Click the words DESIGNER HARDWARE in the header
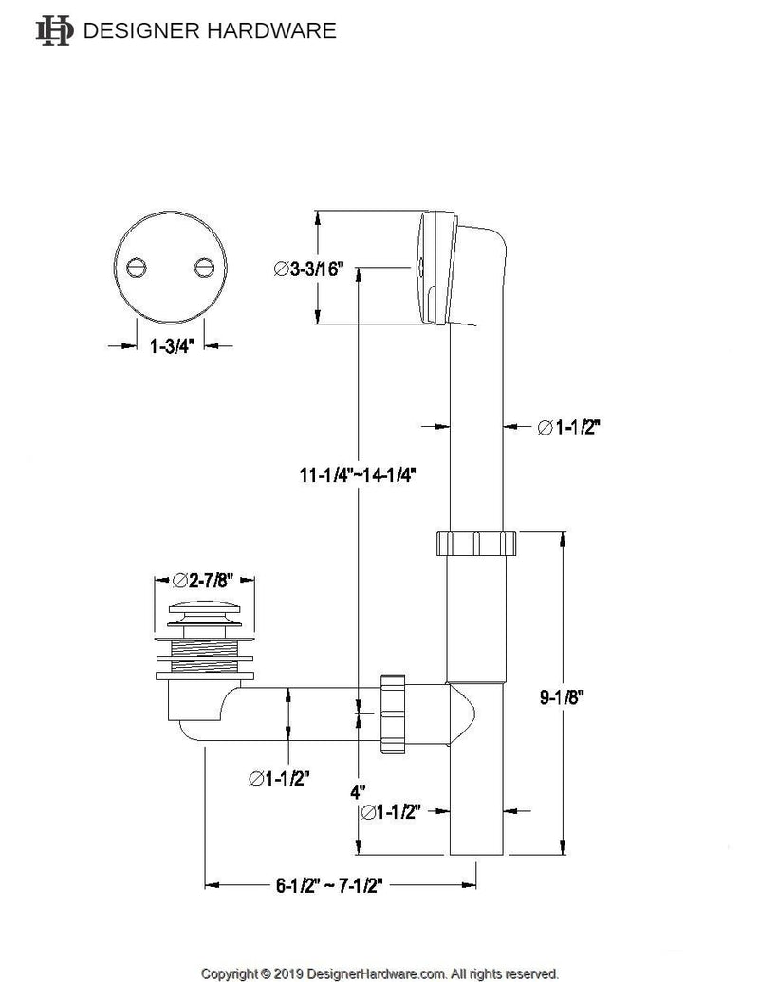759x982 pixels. point(211,30)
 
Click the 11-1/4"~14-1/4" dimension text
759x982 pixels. point(356,472)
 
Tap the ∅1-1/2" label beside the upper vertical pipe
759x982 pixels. point(568,428)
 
